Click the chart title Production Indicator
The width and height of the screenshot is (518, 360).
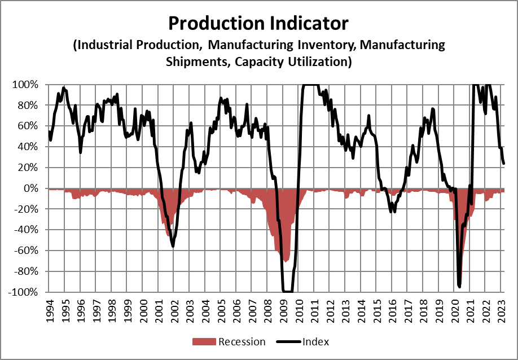click(x=259, y=23)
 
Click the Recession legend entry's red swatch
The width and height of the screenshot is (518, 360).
click(x=204, y=341)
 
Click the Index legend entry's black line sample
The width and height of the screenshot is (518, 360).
click(x=288, y=341)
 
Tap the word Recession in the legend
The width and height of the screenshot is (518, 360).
click(x=242, y=341)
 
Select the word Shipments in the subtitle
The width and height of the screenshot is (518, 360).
click(x=195, y=62)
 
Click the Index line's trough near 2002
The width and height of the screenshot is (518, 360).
click(x=173, y=247)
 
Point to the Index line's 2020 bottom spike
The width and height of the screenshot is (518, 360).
click(x=459, y=286)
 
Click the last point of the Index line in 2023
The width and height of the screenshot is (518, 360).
click(x=503, y=164)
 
